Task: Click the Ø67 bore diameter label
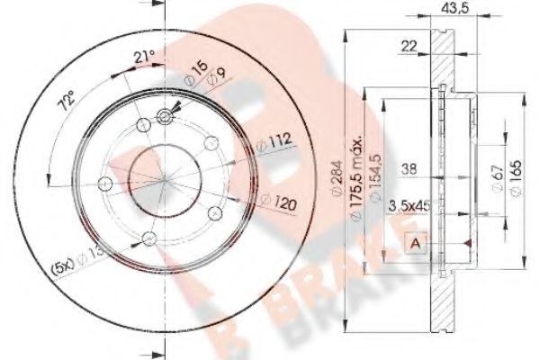click(x=497, y=176)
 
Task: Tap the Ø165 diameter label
click(x=515, y=172)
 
